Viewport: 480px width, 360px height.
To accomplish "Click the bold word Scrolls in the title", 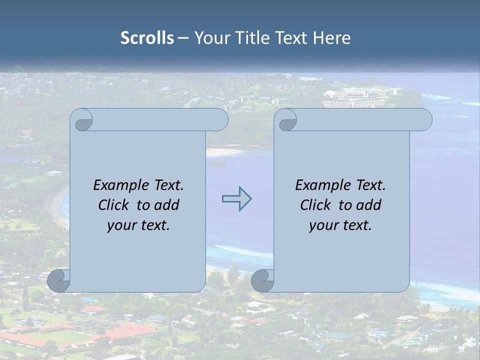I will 147,38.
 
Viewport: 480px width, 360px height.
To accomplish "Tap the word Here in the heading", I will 331,38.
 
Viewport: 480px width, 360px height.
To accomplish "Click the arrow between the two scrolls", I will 236,199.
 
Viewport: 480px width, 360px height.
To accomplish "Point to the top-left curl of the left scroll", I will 81,120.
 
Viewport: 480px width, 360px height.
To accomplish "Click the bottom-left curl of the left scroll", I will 59,281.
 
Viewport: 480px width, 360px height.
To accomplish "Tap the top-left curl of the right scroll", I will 285,120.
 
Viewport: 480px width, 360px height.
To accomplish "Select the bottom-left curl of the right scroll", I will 262,281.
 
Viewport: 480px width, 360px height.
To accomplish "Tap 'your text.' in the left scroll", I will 138,225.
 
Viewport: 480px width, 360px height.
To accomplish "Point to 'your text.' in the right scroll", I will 340,225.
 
